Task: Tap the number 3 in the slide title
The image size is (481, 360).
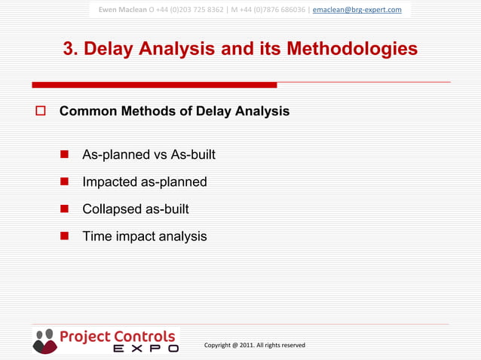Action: pos(69,50)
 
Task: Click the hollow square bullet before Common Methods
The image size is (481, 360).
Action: pos(41,111)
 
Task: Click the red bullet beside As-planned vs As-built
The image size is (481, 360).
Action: pos(64,154)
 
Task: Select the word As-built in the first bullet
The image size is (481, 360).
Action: pos(193,154)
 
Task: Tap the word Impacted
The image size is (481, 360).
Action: pos(109,182)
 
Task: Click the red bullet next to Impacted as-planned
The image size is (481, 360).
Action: pos(64,182)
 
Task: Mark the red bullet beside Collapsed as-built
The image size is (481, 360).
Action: pos(64,209)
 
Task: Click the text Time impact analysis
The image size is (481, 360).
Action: pos(144,236)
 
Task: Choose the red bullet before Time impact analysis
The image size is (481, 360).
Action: pos(64,236)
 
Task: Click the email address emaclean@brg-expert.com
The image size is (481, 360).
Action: pos(357,10)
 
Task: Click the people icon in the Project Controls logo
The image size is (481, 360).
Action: pos(44,341)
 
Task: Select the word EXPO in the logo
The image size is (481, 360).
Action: pos(146,349)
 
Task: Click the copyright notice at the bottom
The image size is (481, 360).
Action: pos(254,345)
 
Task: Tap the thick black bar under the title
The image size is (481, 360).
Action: pos(155,84)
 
